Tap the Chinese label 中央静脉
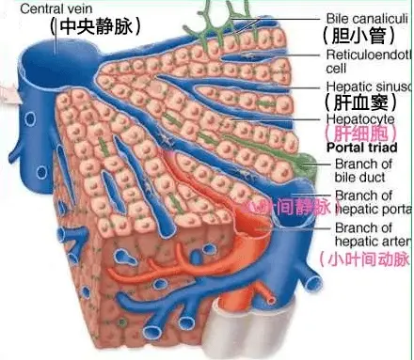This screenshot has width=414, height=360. coord(94,27)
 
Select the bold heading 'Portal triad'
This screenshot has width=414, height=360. coord(362,148)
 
